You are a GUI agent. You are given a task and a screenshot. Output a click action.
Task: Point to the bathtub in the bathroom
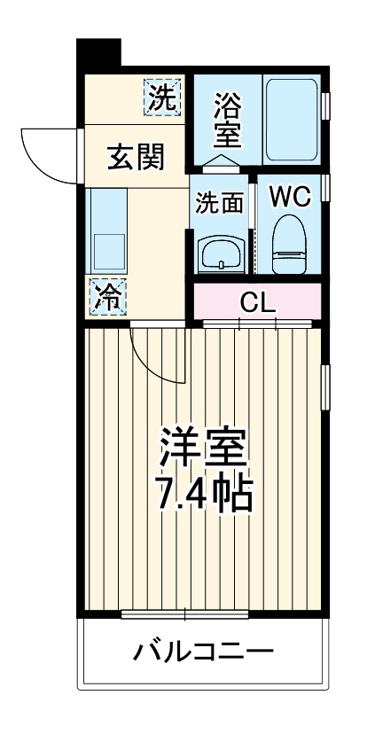pyautogui.click(x=293, y=121)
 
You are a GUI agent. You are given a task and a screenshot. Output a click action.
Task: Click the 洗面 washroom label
pyautogui.click(x=219, y=202)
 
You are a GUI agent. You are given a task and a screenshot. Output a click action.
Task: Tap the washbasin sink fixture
pyautogui.click(x=219, y=254)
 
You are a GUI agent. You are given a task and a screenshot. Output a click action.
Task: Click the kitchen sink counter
pyautogui.click(x=107, y=232)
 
